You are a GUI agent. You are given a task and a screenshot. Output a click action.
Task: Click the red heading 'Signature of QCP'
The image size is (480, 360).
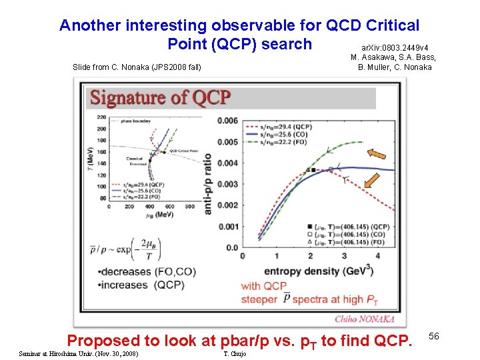tap(160, 98)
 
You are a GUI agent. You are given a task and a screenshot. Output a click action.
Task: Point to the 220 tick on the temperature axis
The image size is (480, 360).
tap(101, 117)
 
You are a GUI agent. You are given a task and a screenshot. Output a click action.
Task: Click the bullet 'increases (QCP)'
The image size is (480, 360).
tap(133, 285)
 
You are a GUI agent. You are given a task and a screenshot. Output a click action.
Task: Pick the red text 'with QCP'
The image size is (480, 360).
tap(264, 286)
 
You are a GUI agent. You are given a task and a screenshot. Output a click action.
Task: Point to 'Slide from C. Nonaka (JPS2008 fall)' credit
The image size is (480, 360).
tap(136, 67)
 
